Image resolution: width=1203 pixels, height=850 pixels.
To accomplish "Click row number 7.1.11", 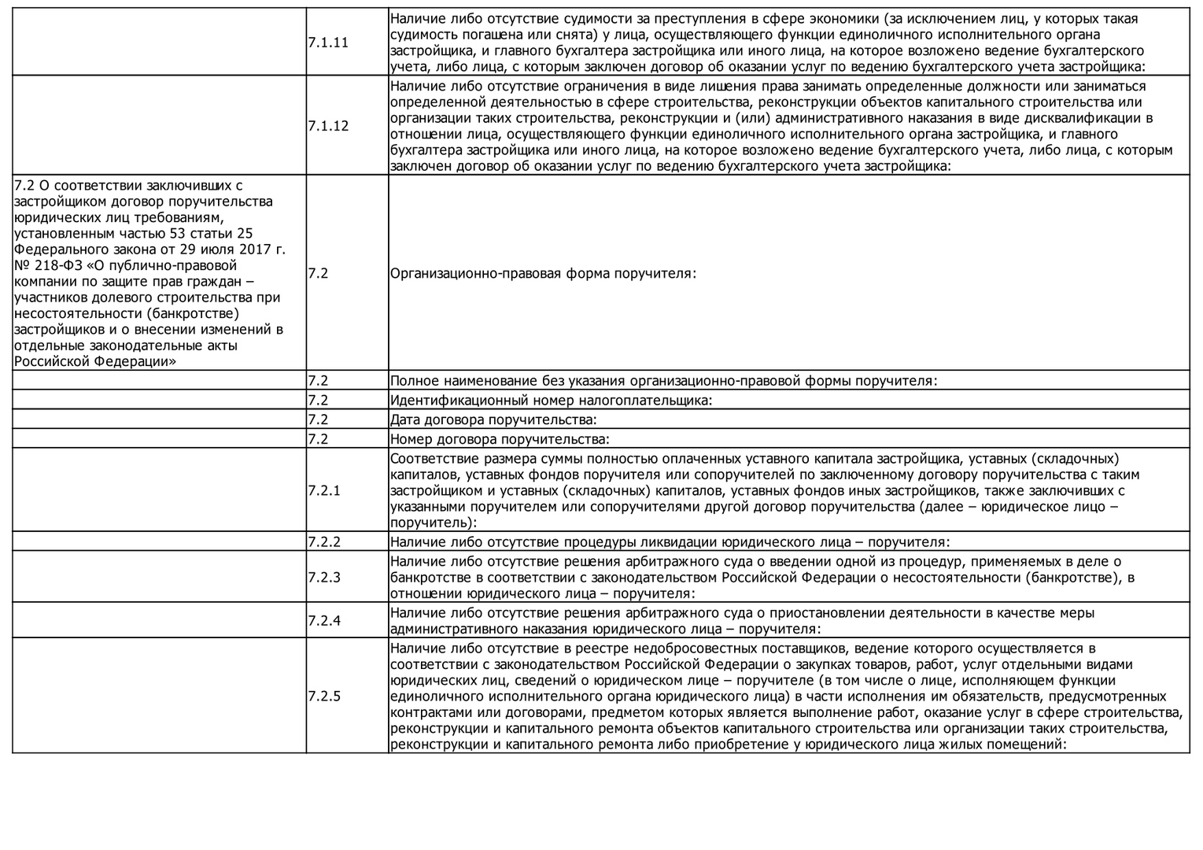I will pyautogui.click(x=328, y=42).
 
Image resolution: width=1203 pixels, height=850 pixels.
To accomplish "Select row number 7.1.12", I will pyautogui.click(x=328, y=126).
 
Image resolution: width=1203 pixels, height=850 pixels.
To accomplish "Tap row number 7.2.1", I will pyautogui.click(x=324, y=491).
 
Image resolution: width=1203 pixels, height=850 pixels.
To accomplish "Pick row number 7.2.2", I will pyautogui.click(x=324, y=542).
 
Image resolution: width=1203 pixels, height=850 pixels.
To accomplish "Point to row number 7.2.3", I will pyautogui.click(x=324, y=578).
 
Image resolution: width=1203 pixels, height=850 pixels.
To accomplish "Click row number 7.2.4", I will pyautogui.click(x=324, y=621).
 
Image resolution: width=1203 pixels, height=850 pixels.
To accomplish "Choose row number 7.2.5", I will pyautogui.click(x=324, y=697).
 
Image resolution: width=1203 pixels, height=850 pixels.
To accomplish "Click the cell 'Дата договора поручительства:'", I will pyautogui.click(x=493, y=420).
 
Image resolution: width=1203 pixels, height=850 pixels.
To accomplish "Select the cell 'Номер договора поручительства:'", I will pyautogui.click(x=500, y=439).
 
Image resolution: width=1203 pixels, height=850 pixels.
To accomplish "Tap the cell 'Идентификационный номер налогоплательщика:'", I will pyautogui.click(x=551, y=401).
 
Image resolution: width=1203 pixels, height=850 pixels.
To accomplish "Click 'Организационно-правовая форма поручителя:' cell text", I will pyautogui.click(x=543, y=274).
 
